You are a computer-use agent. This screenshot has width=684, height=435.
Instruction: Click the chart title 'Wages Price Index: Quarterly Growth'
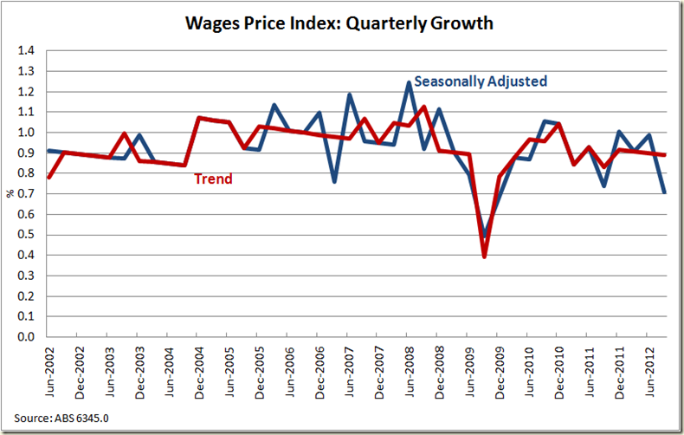coord(339,23)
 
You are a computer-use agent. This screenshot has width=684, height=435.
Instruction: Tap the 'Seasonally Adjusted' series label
coord(481,81)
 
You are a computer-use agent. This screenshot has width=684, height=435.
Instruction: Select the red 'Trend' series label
coord(212,179)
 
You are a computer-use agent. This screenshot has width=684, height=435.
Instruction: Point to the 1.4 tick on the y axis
coord(31,51)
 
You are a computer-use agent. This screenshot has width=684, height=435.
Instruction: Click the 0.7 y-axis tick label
coord(31,194)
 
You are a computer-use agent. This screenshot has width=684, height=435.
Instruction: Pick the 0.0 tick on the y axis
coord(31,337)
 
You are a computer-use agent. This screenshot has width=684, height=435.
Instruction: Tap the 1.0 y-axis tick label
coord(31,133)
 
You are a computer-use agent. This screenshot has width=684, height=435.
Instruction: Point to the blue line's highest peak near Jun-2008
coord(409,82)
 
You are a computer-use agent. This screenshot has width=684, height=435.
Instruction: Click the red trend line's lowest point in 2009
coord(484,256)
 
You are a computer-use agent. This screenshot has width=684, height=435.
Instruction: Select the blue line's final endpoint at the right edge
coord(665,192)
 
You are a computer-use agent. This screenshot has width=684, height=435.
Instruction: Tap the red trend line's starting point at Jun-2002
coord(48,178)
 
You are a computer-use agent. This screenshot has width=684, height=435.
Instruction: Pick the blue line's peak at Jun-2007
coord(349,94)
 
